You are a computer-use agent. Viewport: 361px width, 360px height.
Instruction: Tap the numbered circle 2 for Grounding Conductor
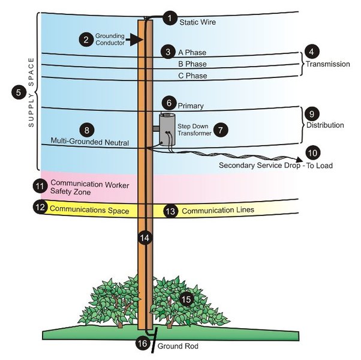(x=86, y=40)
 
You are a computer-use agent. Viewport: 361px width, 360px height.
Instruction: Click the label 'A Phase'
(x=191, y=52)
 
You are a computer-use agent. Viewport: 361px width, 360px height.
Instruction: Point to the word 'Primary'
(x=191, y=106)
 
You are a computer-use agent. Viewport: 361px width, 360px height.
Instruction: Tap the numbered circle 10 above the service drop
(x=313, y=152)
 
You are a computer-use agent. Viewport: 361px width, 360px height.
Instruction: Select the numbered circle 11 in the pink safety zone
(x=40, y=187)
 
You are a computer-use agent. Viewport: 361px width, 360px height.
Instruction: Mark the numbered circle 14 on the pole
(x=143, y=238)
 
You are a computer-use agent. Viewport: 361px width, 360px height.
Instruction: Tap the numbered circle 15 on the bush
(x=187, y=298)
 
